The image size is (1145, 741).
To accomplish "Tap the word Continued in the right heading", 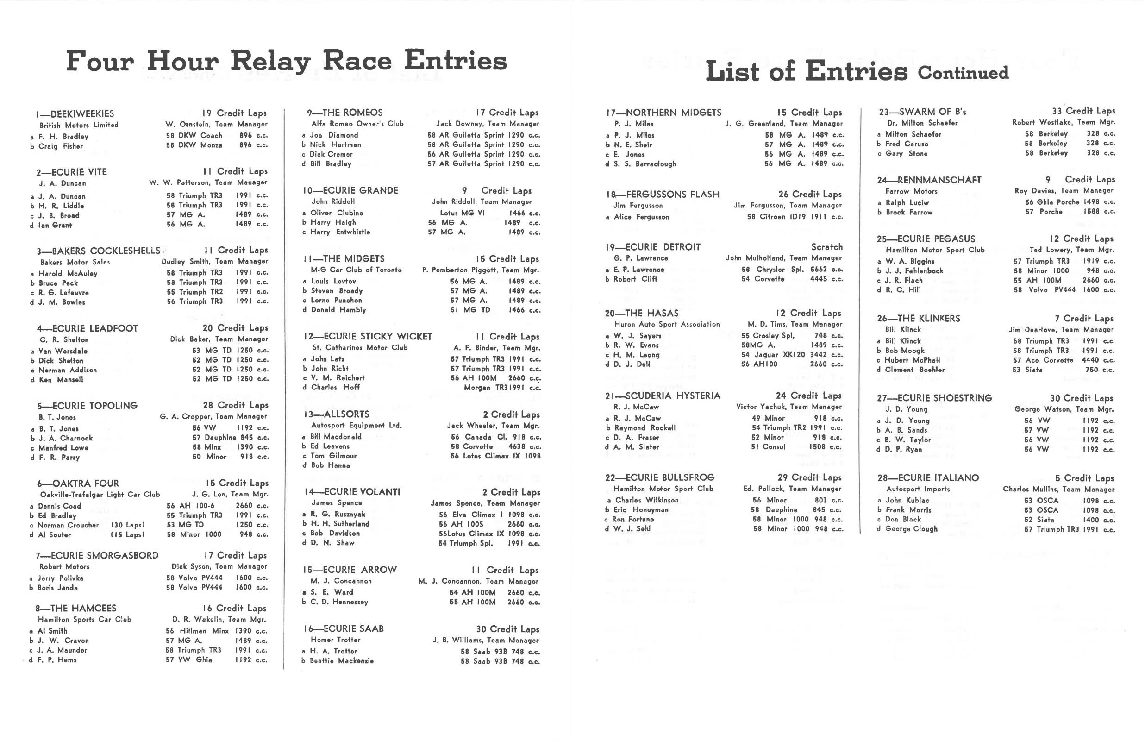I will pos(963,73).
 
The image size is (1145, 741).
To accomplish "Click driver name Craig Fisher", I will pos(61,146).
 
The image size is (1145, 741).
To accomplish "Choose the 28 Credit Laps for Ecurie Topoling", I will pos(236,405).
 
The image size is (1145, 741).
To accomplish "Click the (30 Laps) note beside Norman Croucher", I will pos(127,525).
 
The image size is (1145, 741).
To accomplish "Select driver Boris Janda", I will pos(58,588).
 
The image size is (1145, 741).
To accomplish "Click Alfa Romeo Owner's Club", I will pos(357,124).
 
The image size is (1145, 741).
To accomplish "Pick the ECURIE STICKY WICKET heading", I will pos(377,336).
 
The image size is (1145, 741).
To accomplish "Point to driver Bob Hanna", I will pos(331,465).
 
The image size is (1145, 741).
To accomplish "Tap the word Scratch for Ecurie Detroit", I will pos(826,247).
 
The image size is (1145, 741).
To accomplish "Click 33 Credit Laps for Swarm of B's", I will pos(1083,111).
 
